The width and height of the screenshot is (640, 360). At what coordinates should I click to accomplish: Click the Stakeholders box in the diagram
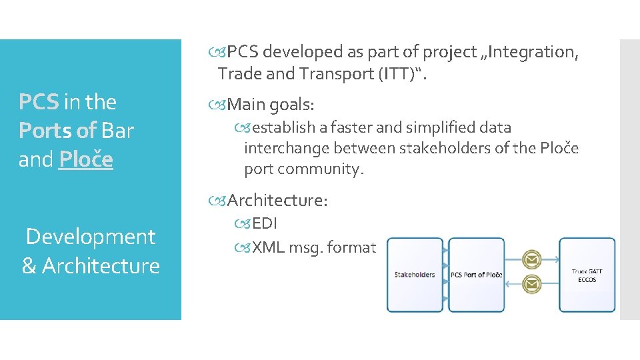point(415,275)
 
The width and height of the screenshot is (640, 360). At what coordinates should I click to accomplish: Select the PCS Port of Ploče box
point(476,275)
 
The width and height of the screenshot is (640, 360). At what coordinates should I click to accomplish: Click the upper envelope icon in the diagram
point(531,258)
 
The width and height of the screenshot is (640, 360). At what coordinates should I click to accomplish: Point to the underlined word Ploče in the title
point(85,160)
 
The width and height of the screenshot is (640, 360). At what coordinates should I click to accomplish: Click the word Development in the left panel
point(90,237)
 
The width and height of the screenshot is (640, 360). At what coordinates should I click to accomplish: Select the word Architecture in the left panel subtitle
point(101,266)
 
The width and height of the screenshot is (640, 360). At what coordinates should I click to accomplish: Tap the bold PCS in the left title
point(39,102)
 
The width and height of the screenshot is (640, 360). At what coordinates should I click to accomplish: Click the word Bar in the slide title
point(119,131)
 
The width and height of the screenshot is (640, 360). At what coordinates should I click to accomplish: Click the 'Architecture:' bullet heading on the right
point(277,200)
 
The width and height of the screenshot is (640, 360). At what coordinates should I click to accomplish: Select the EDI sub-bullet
point(264,223)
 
